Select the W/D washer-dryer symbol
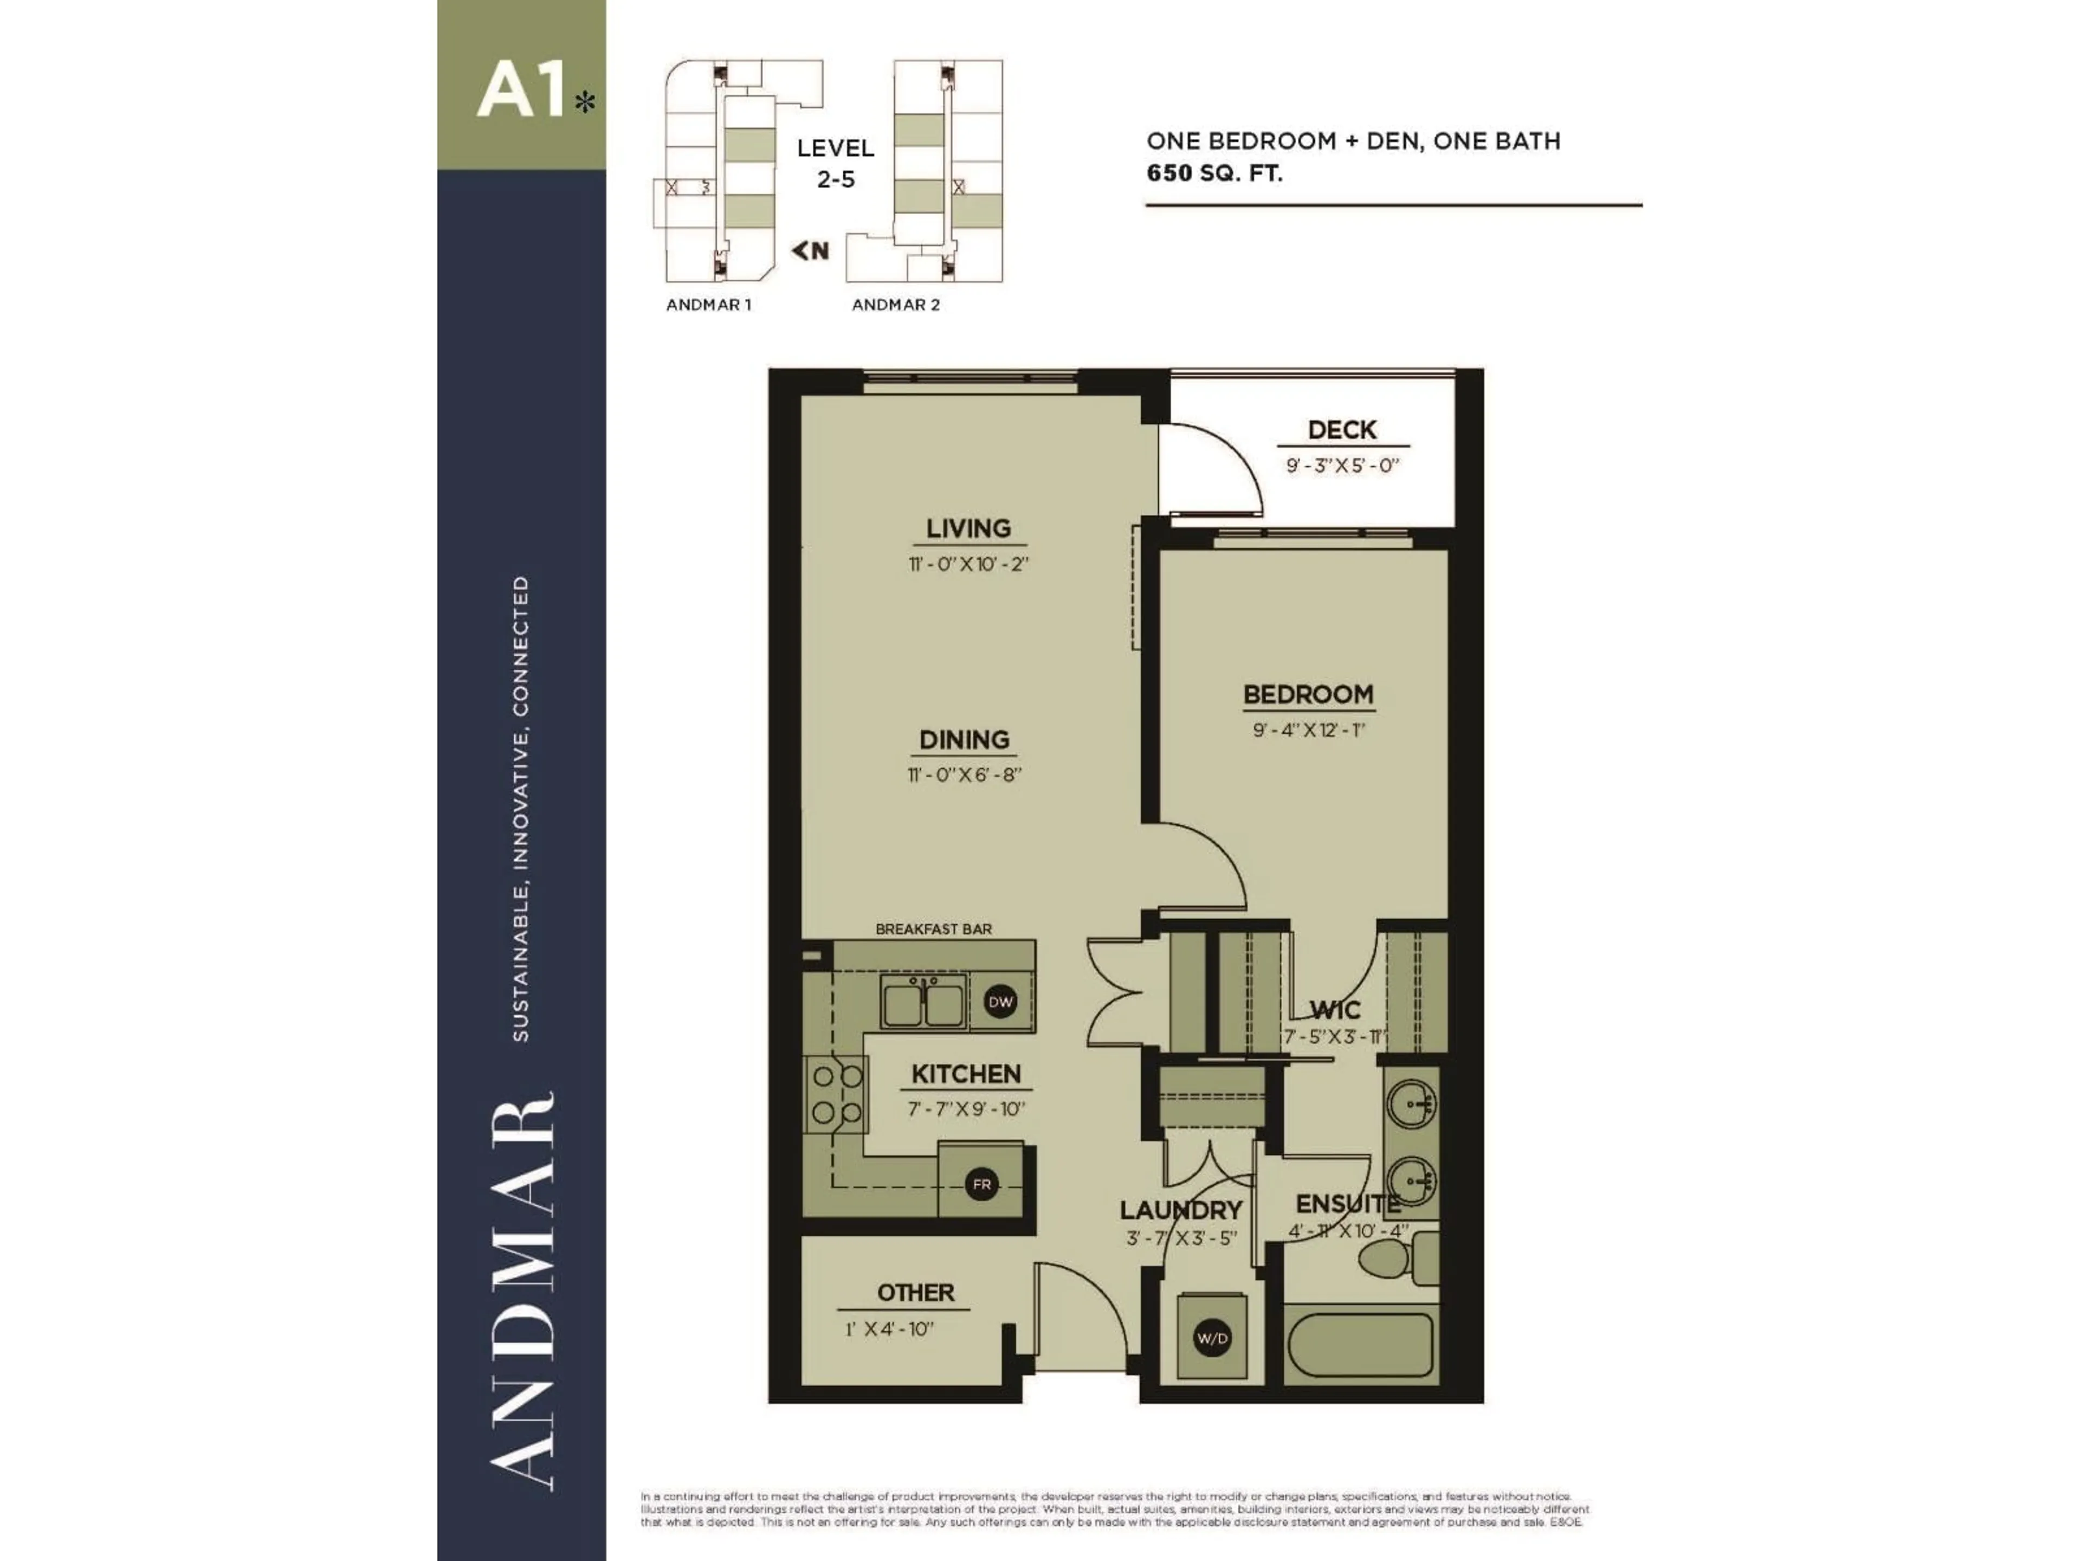point(1212,1338)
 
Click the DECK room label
point(1342,430)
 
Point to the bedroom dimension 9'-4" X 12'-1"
point(1308,730)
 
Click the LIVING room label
point(968,529)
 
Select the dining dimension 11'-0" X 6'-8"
point(964,775)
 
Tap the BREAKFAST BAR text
point(933,928)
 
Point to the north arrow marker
point(810,250)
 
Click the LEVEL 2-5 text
point(836,163)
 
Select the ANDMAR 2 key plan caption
point(896,305)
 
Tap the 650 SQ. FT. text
point(1213,173)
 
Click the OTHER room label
point(915,1293)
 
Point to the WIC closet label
point(1334,1010)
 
